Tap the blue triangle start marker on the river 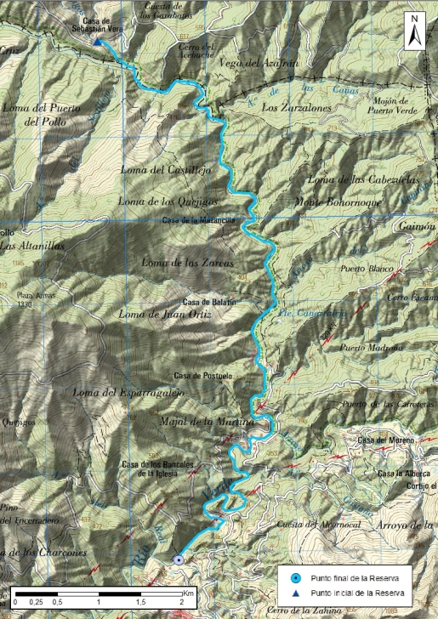click(x=98, y=43)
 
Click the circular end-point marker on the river click(x=179, y=559)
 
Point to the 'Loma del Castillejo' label click(x=167, y=170)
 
